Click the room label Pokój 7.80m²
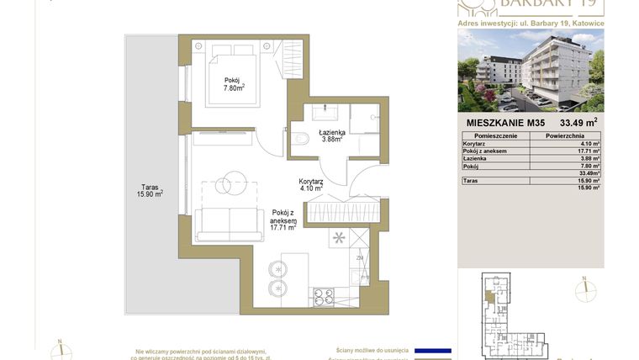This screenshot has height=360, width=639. (234, 84)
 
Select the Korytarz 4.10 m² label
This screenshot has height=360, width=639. (311, 185)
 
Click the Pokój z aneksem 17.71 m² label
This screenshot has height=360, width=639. (283, 220)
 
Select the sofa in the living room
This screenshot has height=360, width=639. (230, 224)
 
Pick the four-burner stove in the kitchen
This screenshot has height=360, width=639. (324, 295)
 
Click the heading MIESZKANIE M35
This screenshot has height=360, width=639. (505, 123)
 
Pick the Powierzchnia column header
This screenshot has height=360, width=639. (565, 135)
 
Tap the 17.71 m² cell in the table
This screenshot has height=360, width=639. (589, 151)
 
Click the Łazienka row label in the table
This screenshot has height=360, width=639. (477, 158)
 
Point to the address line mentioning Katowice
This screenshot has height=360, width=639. (530, 23)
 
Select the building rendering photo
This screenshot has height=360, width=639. (531, 71)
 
